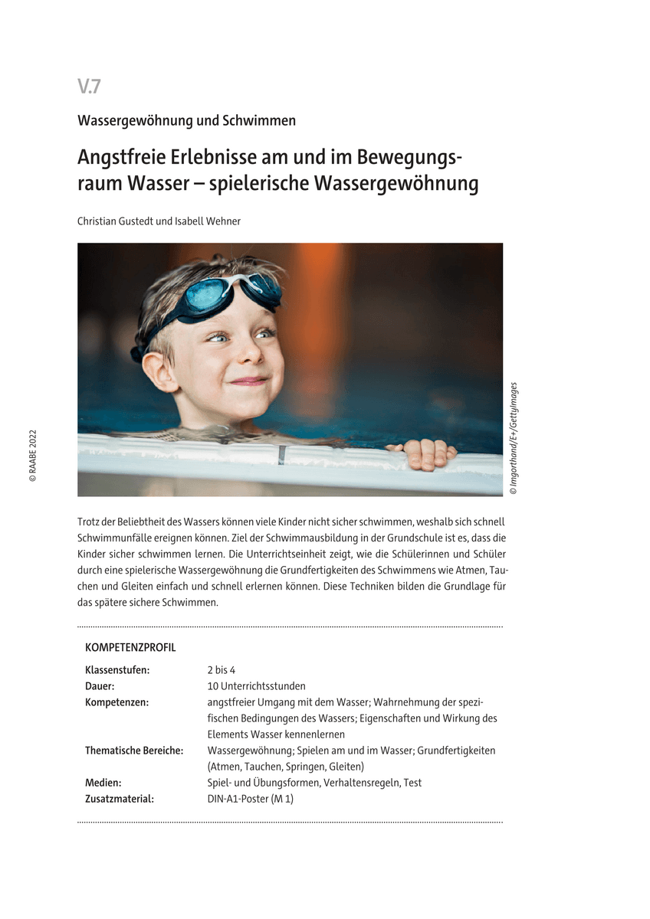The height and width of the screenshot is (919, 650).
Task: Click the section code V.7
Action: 89,87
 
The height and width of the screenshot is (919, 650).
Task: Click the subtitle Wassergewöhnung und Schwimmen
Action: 186,120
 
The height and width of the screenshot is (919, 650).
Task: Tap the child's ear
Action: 157,372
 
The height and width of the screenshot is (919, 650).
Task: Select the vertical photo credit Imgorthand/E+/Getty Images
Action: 514,438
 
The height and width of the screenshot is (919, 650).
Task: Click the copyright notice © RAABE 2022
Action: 32,455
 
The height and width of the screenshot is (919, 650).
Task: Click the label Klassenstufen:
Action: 117,670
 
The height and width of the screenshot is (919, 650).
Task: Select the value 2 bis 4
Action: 222,670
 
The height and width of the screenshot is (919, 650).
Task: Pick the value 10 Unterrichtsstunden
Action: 256,686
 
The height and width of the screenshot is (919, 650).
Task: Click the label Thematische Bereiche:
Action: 134,751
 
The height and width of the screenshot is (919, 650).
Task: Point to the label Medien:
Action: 103,783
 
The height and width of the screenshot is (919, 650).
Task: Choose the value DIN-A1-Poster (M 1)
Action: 251,799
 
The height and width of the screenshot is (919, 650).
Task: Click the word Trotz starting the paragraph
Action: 90,521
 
